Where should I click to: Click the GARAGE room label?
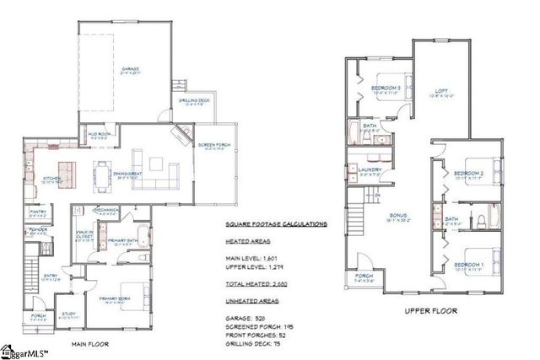pos(129,69)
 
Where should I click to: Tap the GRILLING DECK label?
pos(193,102)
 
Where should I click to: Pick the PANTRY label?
pos(37,212)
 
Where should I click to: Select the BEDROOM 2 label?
pos(467,173)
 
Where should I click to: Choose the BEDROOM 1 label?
pos(467,264)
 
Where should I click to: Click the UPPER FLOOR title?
pos(431,310)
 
